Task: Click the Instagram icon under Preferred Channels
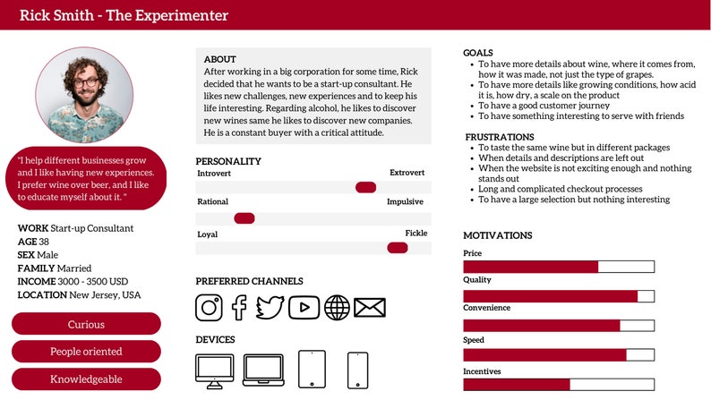(x=209, y=307)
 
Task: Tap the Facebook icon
(x=239, y=307)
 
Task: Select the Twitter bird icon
(x=270, y=307)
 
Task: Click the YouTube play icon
(x=304, y=307)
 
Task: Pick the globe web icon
(x=337, y=307)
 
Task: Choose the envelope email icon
(x=369, y=307)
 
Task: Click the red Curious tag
(x=86, y=324)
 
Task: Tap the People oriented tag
(x=86, y=352)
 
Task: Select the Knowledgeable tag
(x=86, y=379)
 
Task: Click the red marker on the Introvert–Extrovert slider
(x=365, y=187)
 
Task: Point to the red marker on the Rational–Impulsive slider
(x=244, y=217)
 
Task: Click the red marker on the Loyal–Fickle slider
(x=397, y=248)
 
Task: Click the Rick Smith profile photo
(x=85, y=91)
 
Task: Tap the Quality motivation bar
(x=559, y=296)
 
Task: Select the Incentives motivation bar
(x=559, y=385)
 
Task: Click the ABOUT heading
(x=220, y=59)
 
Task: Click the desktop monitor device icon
(x=214, y=369)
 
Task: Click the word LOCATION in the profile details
(x=42, y=295)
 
